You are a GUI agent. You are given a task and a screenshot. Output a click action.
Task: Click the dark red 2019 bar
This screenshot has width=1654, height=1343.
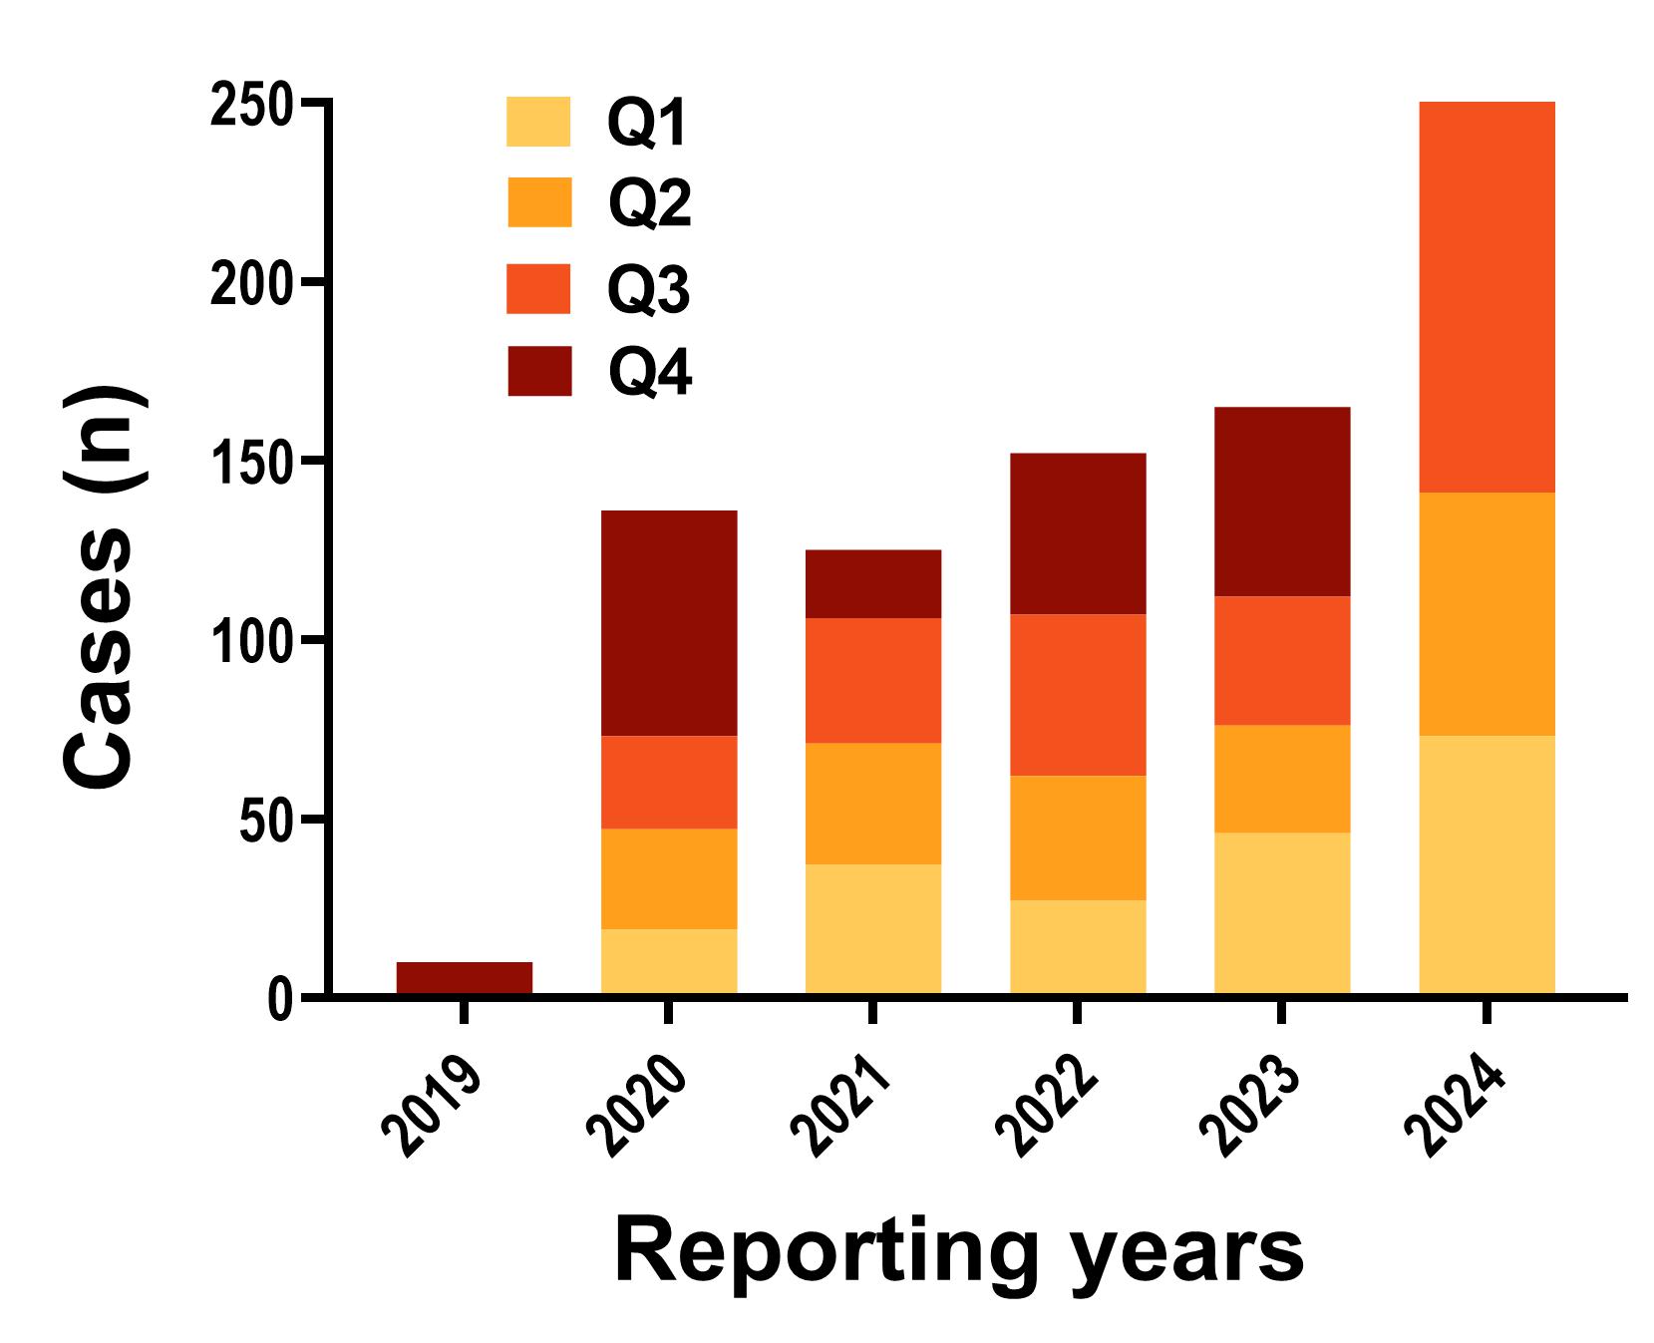464,977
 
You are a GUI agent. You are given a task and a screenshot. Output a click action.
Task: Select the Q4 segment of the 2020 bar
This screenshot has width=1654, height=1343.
669,623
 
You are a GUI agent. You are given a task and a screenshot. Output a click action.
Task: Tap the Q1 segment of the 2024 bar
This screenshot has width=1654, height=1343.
1487,864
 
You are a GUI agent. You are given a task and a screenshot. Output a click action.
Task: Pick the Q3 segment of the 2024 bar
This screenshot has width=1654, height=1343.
1487,297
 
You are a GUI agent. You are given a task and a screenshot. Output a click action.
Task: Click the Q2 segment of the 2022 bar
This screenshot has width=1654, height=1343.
1078,838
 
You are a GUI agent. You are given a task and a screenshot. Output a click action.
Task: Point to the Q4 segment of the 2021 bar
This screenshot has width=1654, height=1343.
873,583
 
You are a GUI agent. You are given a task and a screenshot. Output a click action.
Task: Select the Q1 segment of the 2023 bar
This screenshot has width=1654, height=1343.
1282,913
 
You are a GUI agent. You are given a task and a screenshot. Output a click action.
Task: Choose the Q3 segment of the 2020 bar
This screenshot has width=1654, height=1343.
669,782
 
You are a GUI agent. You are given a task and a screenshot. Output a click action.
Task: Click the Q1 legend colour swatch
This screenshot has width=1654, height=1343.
538,122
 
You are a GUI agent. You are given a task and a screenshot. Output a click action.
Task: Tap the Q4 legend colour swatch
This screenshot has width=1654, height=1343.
538,371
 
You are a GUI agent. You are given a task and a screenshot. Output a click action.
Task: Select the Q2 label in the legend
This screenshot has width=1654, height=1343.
649,204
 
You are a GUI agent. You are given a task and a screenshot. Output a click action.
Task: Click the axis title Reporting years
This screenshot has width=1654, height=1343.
959,1253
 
